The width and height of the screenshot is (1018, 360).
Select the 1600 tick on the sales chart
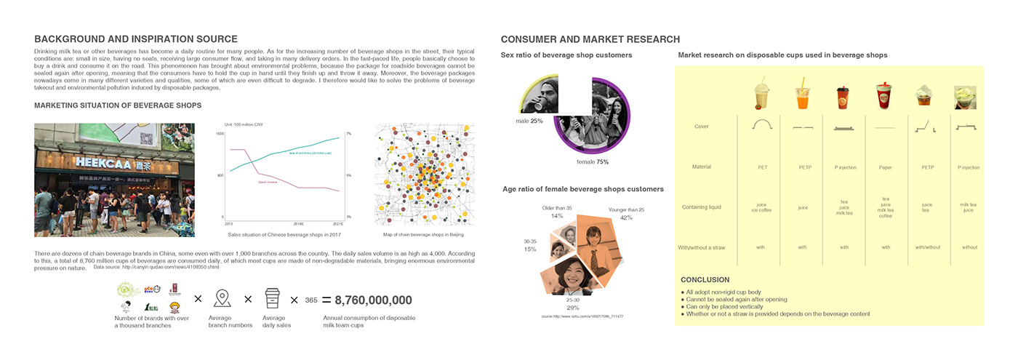220,134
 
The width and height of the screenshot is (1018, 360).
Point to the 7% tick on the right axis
348,134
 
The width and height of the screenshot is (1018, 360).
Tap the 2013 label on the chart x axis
228,224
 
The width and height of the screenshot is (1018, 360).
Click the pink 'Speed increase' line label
267,183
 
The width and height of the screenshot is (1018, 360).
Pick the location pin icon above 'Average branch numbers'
222,299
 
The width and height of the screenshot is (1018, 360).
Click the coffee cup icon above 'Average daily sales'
273,299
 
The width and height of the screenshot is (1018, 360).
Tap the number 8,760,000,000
373,300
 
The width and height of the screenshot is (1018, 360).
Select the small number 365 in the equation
310,300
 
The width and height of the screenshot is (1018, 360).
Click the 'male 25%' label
529,121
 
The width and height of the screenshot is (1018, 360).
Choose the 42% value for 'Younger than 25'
626,217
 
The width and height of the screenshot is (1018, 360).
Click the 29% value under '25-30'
572,308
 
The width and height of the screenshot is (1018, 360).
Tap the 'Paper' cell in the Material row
885,167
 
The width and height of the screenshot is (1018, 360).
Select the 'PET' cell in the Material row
762,167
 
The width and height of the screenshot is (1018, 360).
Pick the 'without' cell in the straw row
969,247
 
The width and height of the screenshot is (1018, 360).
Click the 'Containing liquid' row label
702,207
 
